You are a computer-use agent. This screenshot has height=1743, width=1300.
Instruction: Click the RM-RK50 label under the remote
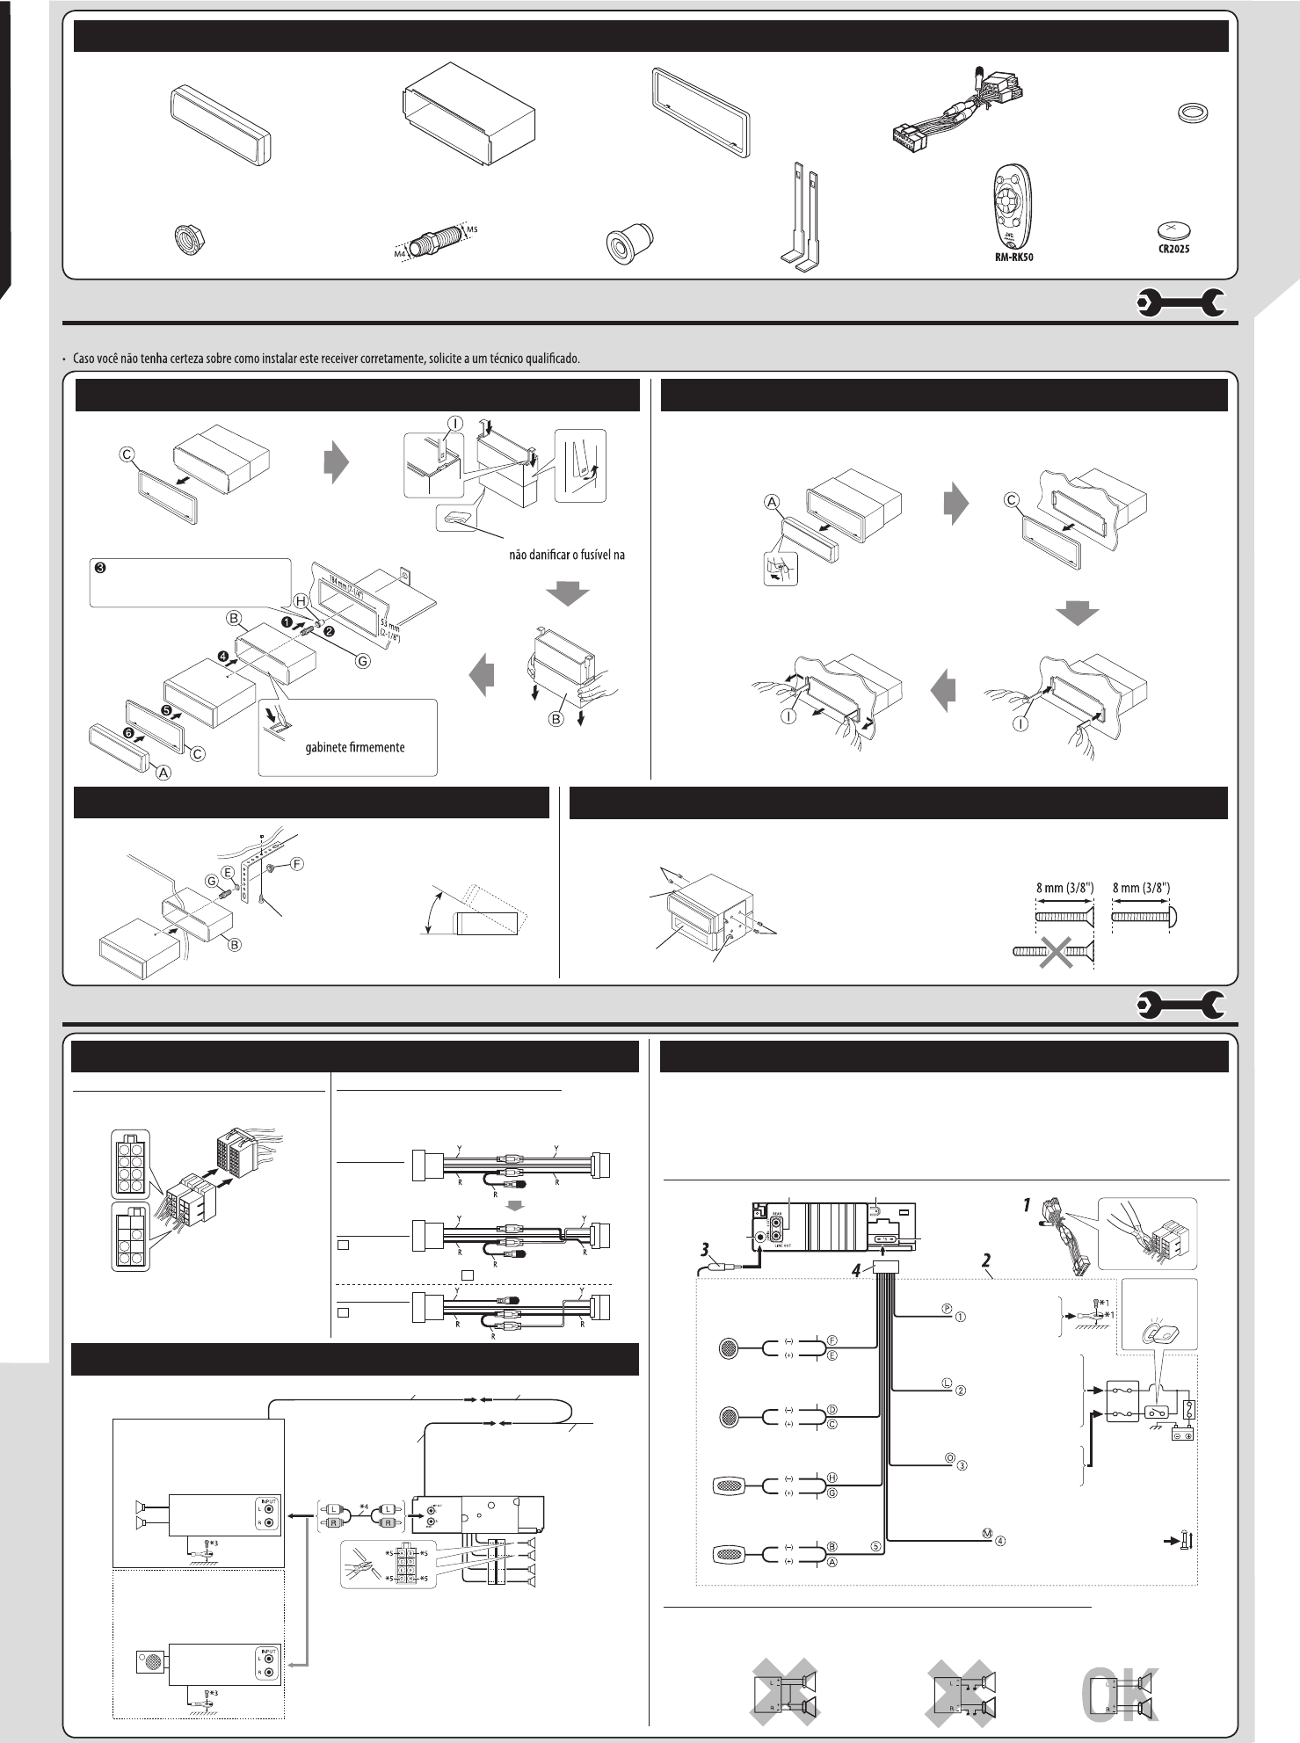pyautogui.click(x=1008, y=260)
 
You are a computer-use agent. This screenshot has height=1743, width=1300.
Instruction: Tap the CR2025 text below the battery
pyautogui.click(x=1174, y=249)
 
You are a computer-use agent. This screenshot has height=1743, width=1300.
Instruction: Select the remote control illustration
pyautogui.click(x=1008, y=208)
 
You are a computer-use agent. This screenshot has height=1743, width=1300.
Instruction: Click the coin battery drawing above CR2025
pyautogui.click(x=1174, y=230)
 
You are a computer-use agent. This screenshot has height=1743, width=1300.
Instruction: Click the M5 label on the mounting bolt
pyautogui.click(x=472, y=229)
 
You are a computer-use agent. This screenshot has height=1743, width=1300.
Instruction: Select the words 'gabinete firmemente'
pyautogui.click(x=354, y=747)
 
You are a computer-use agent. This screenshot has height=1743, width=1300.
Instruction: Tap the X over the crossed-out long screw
pyautogui.click(x=1056, y=951)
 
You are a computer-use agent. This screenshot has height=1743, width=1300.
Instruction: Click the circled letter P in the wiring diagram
pyautogui.click(x=948, y=1308)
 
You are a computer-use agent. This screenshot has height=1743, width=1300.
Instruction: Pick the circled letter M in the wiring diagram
pyautogui.click(x=987, y=1533)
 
